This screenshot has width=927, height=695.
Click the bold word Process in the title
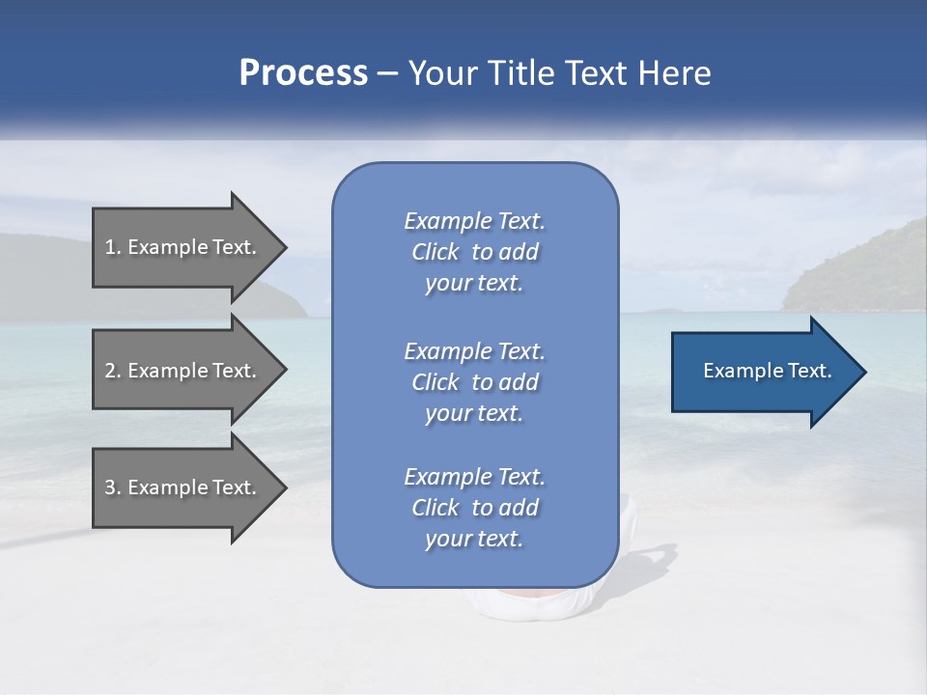(303, 73)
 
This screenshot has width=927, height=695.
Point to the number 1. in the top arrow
(113, 247)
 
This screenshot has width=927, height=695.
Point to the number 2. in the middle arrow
(113, 371)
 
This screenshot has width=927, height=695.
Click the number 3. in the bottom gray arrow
(113, 487)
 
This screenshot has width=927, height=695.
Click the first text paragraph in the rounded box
(474, 252)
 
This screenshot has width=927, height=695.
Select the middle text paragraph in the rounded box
(474, 381)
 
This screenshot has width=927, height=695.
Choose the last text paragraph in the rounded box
(474, 508)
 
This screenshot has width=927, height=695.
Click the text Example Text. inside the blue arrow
(767, 371)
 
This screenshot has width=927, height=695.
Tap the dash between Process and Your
(388, 73)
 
